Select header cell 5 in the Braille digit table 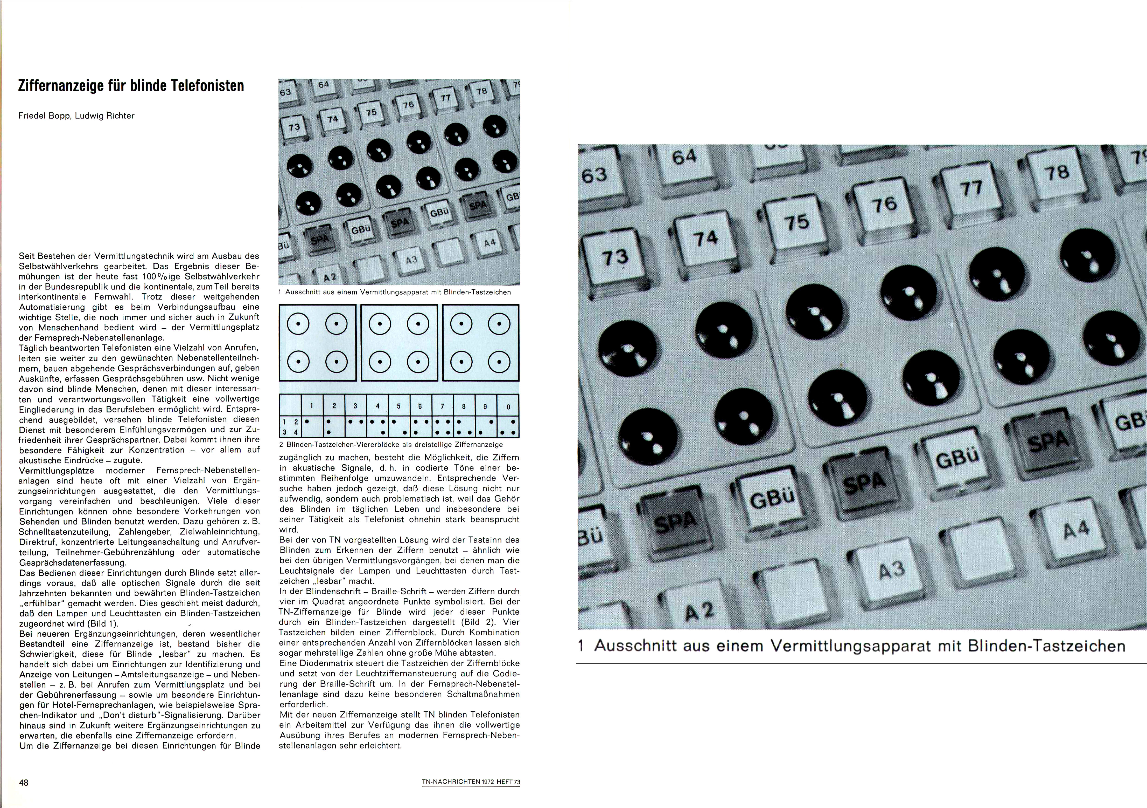pos(399,406)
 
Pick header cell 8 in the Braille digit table pos(464,406)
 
